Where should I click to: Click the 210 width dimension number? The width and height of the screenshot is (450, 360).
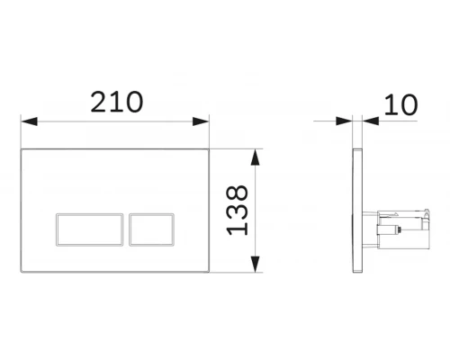coord(117,102)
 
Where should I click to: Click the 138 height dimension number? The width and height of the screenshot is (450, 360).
coord(238,211)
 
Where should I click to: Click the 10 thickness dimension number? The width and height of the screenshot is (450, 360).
coord(400,104)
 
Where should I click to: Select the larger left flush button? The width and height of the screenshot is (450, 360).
coord(90,229)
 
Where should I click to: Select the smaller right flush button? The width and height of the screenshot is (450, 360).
coord(152,229)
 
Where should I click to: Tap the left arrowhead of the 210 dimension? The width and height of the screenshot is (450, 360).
coord(30,121)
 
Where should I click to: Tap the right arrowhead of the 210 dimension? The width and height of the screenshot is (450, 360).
coord(201,121)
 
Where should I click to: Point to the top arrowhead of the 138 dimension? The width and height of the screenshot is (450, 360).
coord(255,157)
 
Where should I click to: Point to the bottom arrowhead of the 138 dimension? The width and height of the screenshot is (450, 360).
coord(255,265)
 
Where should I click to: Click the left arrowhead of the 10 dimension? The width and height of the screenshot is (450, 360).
coord(344,121)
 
